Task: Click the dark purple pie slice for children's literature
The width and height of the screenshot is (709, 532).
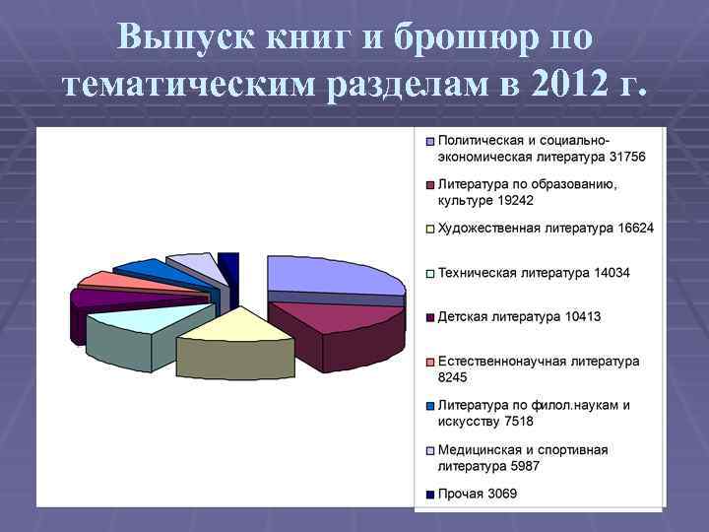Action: tap(108, 296)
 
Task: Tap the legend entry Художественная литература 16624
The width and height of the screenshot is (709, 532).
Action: tap(545, 229)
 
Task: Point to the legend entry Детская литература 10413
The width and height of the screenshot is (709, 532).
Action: tap(519, 317)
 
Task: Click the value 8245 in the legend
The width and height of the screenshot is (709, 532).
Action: tap(453, 377)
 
